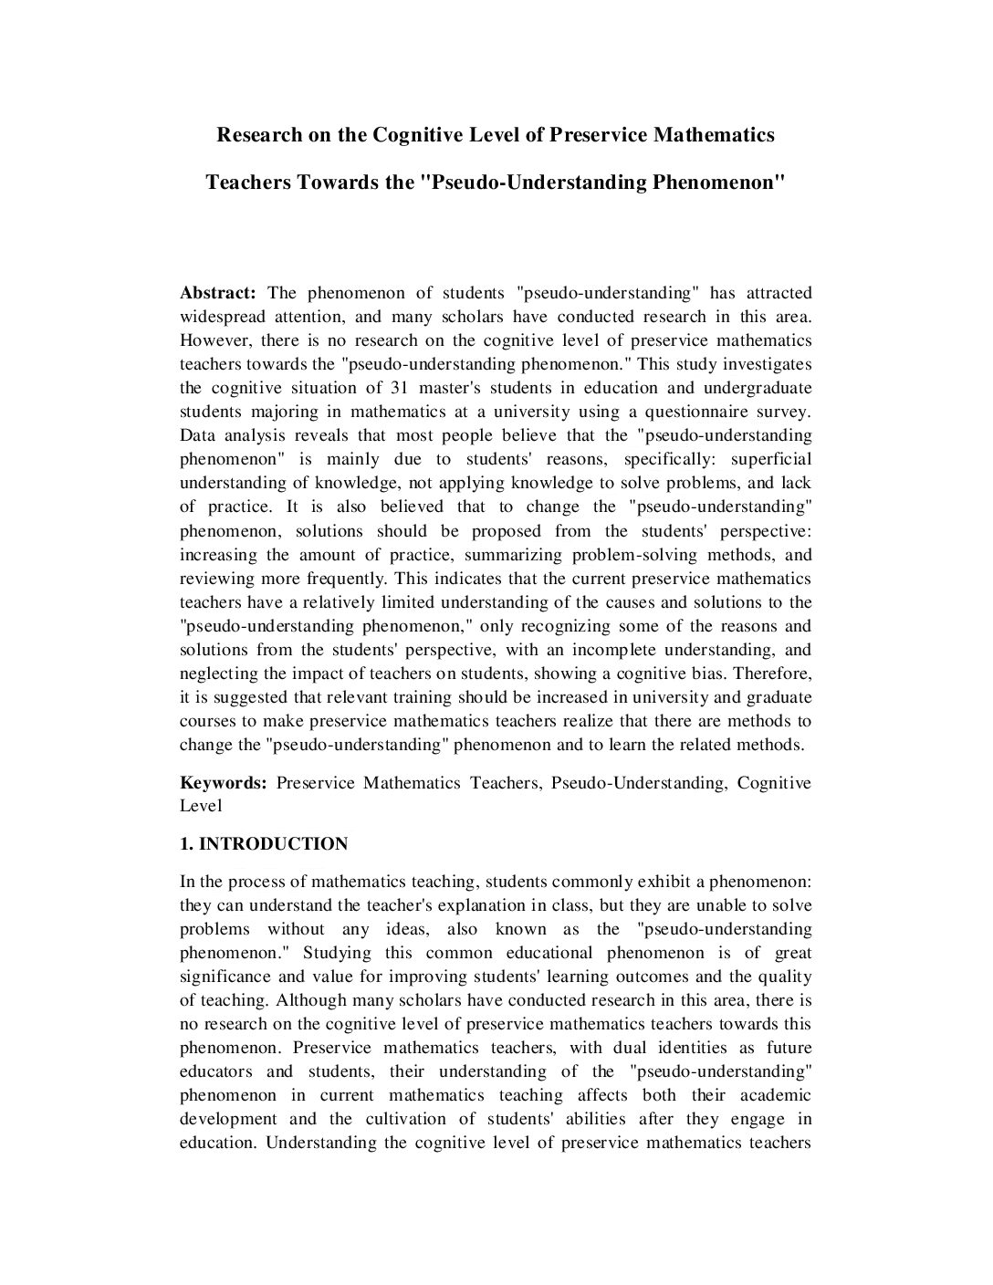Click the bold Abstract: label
point(218,293)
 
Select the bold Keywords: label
point(223,783)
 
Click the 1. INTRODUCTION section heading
point(264,844)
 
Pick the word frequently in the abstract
point(350,579)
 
